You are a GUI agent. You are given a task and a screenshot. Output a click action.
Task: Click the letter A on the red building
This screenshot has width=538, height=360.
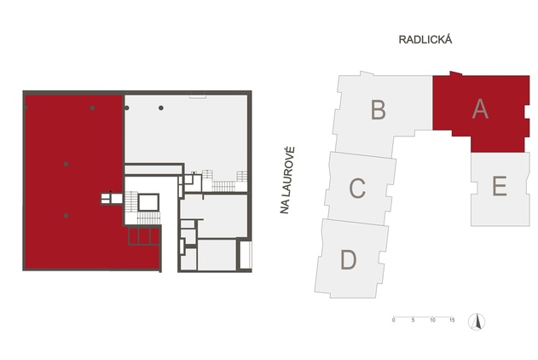click(x=480, y=109)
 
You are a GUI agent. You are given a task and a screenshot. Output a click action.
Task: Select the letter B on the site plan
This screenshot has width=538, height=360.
click(x=379, y=110)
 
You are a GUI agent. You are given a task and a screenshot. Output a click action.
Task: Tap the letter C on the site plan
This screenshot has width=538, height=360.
click(x=358, y=187)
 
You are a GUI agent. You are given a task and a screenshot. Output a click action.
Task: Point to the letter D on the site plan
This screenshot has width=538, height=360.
click(x=348, y=259)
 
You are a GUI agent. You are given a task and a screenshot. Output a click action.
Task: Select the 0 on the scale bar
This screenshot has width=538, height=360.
click(x=394, y=320)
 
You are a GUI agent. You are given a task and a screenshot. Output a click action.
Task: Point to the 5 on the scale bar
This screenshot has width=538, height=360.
click(x=414, y=320)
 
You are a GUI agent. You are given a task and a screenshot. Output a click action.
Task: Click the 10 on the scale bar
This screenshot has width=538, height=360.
click(x=433, y=320)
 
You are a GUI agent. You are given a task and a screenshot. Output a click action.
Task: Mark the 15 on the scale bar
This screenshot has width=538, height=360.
click(x=452, y=320)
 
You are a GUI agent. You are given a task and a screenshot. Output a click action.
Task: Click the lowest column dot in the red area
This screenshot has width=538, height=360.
click(x=66, y=215)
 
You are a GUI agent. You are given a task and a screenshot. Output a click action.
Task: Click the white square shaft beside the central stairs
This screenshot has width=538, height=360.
click(x=148, y=202)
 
